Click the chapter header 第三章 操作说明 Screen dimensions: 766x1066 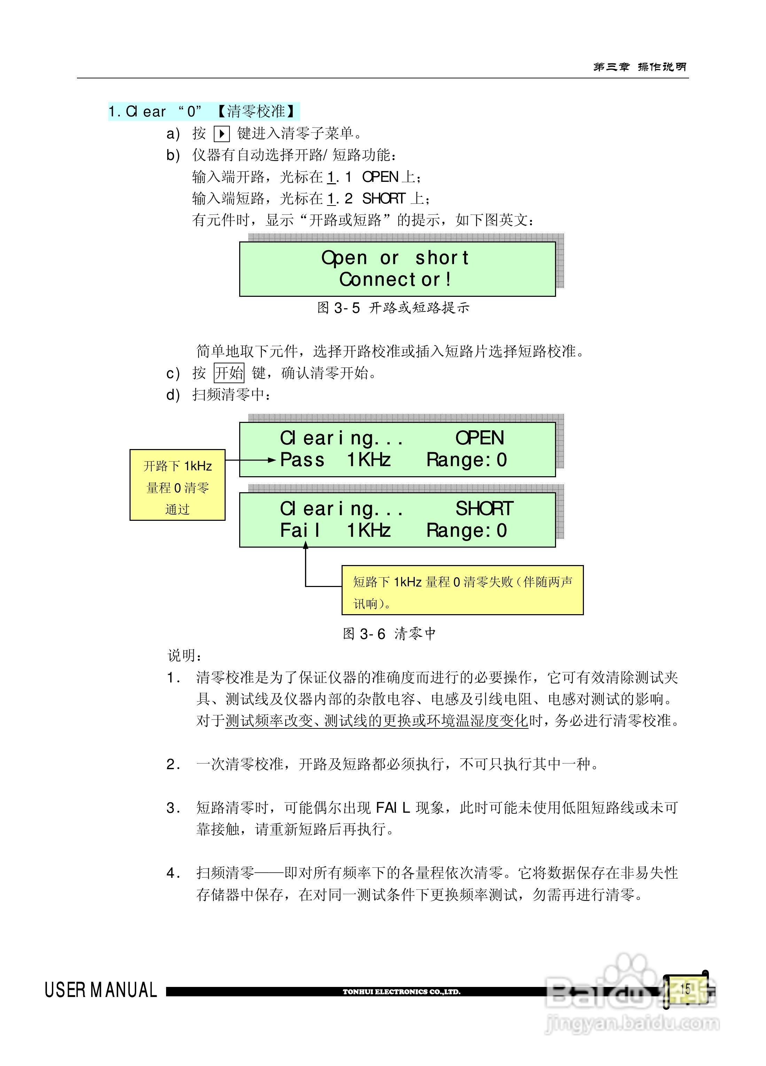[640, 67]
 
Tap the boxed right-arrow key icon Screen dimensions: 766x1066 [221, 134]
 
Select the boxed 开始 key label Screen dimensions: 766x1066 [229, 373]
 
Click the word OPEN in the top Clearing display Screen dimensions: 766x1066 [479, 438]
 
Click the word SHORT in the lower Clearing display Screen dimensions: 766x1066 [484, 509]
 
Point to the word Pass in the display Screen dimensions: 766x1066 [302, 460]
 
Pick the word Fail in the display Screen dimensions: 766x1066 [300, 531]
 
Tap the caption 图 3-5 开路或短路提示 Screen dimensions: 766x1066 [393, 308]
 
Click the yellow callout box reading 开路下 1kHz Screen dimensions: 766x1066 [178, 485]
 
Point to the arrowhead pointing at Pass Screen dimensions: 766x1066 [272, 460]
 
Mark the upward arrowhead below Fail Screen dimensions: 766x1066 [305, 545]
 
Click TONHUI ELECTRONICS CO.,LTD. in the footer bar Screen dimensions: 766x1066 [401, 992]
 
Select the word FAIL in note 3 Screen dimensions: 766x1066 [393, 808]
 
